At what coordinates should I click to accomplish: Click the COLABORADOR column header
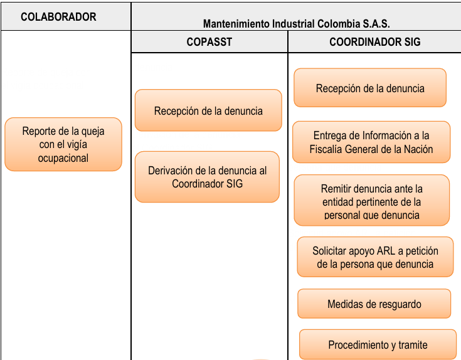[x=58, y=17]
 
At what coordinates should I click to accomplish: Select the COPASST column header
[x=209, y=42]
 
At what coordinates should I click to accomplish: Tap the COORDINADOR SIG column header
[x=374, y=42]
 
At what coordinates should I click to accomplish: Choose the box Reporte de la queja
[x=63, y=144]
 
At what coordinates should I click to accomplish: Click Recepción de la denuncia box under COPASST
[x=208, y=110]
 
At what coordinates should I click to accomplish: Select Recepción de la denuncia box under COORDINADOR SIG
[x=370, y=88]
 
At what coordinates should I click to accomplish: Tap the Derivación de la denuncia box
[x=207, y=177]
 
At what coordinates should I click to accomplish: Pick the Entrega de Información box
[x=371, y=142]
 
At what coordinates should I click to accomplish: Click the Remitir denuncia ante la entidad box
[x=371, y=201]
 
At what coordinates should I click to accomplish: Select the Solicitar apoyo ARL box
[x=375, y=257]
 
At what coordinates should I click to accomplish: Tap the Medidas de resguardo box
[x=374, y=304]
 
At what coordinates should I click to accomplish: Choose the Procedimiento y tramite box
[x=378, y=345]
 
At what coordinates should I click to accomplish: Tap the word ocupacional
[x=63, y=158]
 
